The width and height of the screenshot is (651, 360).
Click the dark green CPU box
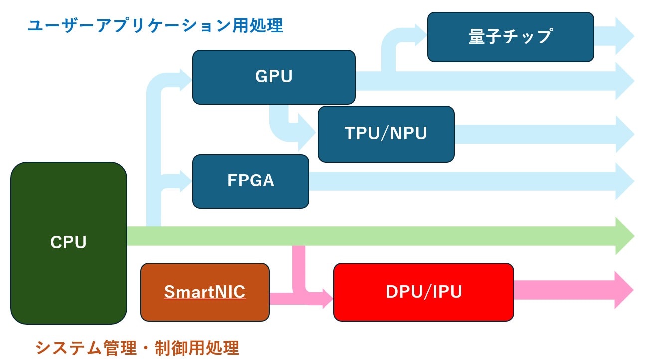69,243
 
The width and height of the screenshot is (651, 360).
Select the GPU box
274,77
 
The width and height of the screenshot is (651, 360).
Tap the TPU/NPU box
386,134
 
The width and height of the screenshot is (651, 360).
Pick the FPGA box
250,181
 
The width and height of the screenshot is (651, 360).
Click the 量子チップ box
510,37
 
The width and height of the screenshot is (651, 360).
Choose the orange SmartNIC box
205,292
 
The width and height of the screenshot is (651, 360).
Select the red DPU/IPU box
424,292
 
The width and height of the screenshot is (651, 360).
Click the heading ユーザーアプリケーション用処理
155,26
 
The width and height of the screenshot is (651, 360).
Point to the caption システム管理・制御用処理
138,347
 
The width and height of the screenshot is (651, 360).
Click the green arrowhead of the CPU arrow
624,236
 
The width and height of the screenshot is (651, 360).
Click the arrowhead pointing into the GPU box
184,78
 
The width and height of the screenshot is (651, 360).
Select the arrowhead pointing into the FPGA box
184,181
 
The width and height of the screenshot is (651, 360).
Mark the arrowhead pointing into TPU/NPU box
307,133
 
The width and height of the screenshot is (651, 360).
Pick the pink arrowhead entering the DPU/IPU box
326,299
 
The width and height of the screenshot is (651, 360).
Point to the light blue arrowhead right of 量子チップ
624,36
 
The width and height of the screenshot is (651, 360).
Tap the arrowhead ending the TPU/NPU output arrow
624,134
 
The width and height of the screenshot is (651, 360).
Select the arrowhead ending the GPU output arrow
624,81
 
